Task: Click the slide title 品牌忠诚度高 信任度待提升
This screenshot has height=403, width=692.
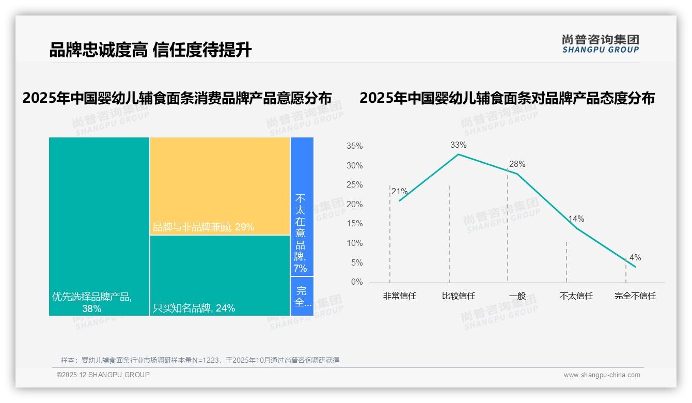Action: tap(150, 50)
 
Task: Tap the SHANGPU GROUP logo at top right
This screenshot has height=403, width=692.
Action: tap(600, 44)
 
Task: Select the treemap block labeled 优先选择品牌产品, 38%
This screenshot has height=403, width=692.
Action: tap(99, 226)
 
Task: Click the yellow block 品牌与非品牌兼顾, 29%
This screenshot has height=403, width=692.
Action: tap(220, 186)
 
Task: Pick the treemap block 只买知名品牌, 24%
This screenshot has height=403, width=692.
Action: tap(220, 275)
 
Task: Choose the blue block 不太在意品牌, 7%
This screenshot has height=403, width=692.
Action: tap(302, 207)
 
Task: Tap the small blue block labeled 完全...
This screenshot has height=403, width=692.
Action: tap(302, 297)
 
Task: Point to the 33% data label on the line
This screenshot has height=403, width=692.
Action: tap(458, 145)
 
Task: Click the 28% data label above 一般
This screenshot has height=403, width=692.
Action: tap(517, 164)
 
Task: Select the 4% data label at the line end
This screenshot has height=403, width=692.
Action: tap(635, 257)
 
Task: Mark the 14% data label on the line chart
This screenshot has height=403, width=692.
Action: tap(576, 219)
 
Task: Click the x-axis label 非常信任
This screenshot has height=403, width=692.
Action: tap(399, 296)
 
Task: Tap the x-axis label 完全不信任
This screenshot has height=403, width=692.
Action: tap(635, 296)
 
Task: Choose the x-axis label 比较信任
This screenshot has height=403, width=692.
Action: tap(458, 296)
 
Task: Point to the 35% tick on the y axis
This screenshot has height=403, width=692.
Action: tap(354, 146)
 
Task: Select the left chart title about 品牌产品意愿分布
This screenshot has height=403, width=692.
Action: tap(177, 98)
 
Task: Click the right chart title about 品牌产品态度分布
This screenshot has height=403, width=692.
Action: tap(507, 98)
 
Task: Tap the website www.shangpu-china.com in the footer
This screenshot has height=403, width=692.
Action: tap(602, 375)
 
